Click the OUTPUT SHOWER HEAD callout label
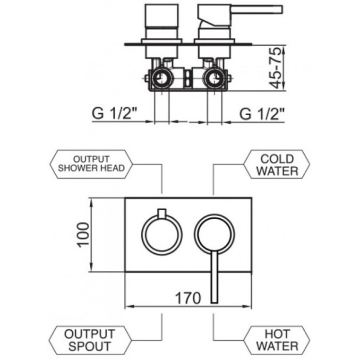(91, 164)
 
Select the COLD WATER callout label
(277, 164)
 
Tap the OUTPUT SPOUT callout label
(90, 340)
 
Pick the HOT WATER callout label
(277, 340)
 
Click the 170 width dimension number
(188, 298)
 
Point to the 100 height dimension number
(83, 235)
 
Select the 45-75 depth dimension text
(275, 68)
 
